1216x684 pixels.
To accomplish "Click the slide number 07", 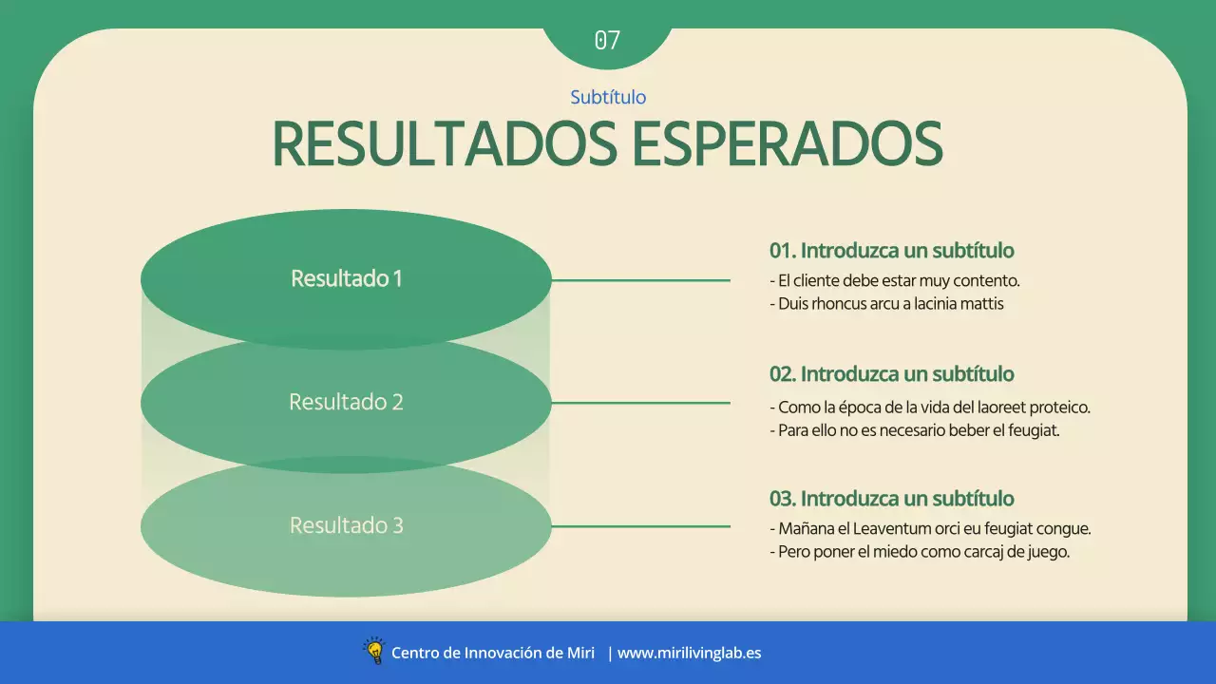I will click(x=607, y=40).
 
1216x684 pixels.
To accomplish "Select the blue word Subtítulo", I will click(x=608, y=97).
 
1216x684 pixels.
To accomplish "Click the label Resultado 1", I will click(x=346, y=278).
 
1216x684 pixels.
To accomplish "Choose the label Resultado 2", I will click(x=346, y=402).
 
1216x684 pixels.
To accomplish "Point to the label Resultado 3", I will click(x=346, y=525).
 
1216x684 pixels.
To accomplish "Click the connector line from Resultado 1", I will click(x=640, y=280).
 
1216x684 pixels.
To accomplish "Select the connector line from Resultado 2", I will click(x=640, y=403).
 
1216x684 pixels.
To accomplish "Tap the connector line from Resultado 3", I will click(x=640, y=526).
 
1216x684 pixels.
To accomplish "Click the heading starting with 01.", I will click(x=891, y=251).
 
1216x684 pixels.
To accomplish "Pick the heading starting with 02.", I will click(x=891, y=374).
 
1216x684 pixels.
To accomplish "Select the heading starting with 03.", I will click(x=891, y=499).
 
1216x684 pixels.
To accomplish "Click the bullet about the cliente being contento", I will click(x=894, y=281).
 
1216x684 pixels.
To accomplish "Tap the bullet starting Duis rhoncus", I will click(x=886, y=304).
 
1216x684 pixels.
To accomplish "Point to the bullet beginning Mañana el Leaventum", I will click(x=929, y=528).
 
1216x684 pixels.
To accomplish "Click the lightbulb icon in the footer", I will click(x=373, y=651).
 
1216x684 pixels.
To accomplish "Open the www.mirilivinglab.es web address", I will click(x=689, y=653).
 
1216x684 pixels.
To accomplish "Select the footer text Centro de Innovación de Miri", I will click(x=493, y=653).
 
